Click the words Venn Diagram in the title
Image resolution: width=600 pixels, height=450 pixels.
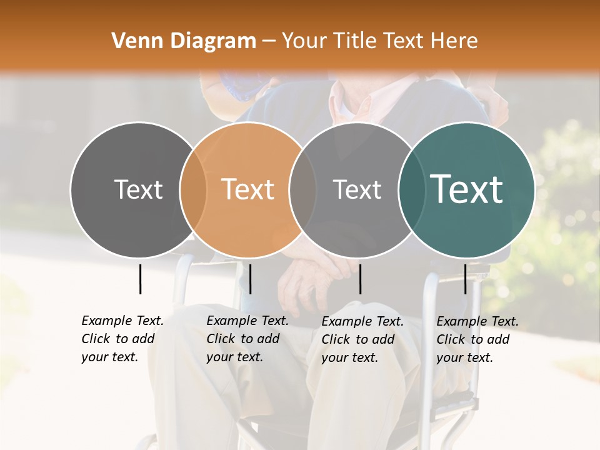pyautogui.click(x=184, y=41)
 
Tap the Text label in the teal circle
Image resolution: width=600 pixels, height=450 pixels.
pyautogui.click(x=467, y=189)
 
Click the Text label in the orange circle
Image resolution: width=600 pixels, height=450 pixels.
pyautogui.click(x=248, y=189)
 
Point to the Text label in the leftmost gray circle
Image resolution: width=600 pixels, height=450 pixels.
pyautogui.click(x=138, y=189)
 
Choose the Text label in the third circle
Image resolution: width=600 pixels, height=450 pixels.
pyautogui.click(x=357, y=189)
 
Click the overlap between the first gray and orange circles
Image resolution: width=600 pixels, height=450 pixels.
pyautogui.click(x=193, y=189)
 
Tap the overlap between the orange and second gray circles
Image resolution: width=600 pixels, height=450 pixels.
pyautogui.click(x=303, y=189)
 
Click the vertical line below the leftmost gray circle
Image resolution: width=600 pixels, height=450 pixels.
pyautogui.click(x=140, y=279)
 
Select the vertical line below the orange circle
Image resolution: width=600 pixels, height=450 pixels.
pyautogui.click(x=250, y=279)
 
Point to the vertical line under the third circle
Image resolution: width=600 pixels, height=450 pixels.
pyautogui.click(x=360, y=279)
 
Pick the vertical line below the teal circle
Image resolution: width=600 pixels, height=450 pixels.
pyautogui.click(x=465, y=279)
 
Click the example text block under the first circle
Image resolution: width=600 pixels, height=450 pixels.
pyautogui.click(x=122, y=339)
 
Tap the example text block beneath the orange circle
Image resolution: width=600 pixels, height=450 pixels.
pyautogui.click(x=247, y=339)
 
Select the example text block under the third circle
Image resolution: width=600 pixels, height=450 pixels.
pyautogui.click(x=362, y=339)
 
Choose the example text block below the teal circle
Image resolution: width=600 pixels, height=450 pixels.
pyautogui.click(x=477, y=339)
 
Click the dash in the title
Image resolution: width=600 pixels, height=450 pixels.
pyautogui.click(x=269, y=42)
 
